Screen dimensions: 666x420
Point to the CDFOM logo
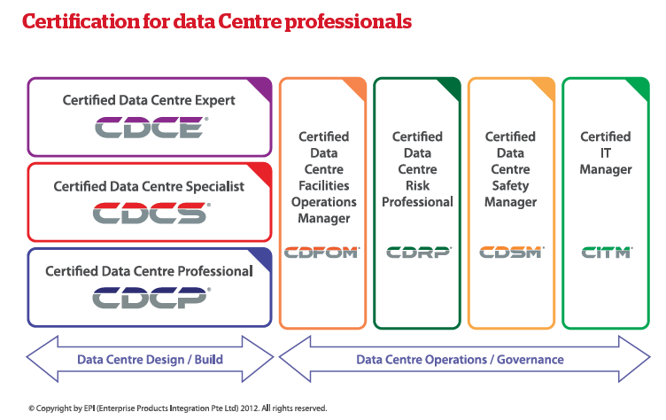click(x=322, y=253)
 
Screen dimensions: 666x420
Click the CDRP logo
click(x=419, y=253)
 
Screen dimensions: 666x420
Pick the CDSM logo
click(x=512, y=253)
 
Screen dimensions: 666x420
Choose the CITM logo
click(x=607, y=253)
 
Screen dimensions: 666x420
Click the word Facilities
click(x=323, y=185)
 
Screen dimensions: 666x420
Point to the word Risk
click(x=417, y=185)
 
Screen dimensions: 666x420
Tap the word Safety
click(x=510, y=186)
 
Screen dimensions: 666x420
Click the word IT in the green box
click(x=605, y=153)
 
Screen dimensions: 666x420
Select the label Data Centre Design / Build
click(x=150, y=360)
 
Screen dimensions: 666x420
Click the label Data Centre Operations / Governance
click(x=460, y=360)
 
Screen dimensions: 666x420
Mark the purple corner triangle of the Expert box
click(x=262, y=87)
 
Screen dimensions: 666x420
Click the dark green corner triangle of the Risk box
click(x=451, y=87)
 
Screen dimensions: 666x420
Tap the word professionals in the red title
click(x=348, y=22)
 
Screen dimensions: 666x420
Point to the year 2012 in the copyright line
click(x=249, y=408)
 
